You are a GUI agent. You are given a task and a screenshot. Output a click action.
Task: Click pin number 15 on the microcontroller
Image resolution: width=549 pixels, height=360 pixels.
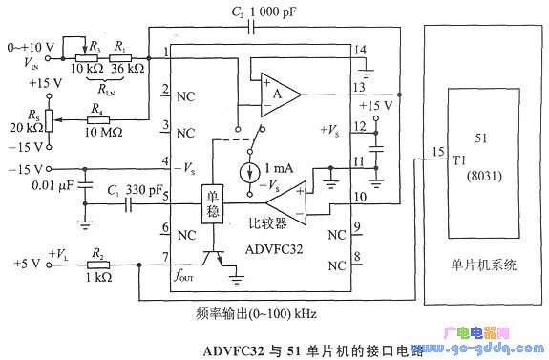click(x=437, y=153)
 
